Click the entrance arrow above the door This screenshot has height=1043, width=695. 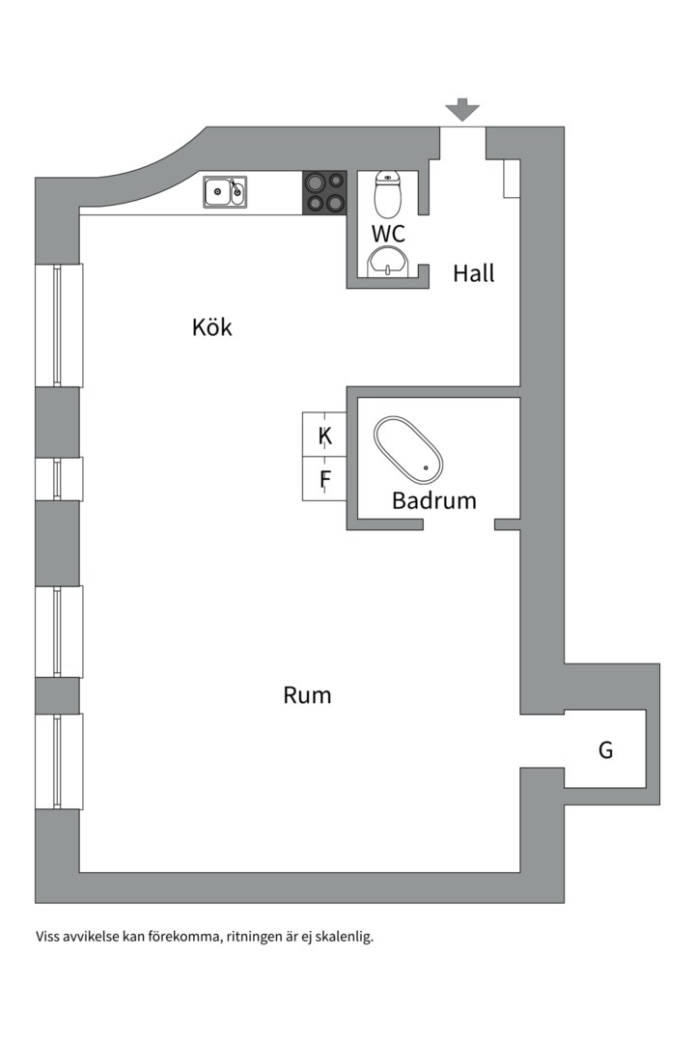click(x=463, y=109)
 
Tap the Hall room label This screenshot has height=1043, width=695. click(x=473, y=273)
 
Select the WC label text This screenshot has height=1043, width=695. click(x=388, y=234)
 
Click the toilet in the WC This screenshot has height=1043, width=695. click(x=387, y=194)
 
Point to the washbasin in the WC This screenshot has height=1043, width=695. click(x=388, y=261)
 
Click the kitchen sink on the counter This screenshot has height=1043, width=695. click(x=224, y=191)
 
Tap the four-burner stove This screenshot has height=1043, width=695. click(x=324, y=192)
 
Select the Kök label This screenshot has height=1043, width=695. click(x=212, y=327)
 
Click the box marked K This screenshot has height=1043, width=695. click(x=325, y=436)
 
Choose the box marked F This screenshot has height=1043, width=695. click(x=325, y=480)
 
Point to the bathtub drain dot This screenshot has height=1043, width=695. click(x=426, y=468)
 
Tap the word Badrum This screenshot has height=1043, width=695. click(x=434, y=501)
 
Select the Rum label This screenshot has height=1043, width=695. click(x=307, y=695)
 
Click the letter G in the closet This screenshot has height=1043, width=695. click(x=605, y=750)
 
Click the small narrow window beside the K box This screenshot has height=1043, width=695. click(x=58, y=479)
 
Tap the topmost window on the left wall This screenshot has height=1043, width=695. click(x=58, y=324)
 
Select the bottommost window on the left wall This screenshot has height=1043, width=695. click(x=58, y=761)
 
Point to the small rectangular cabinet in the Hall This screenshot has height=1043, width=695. click(x=512, y=179)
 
